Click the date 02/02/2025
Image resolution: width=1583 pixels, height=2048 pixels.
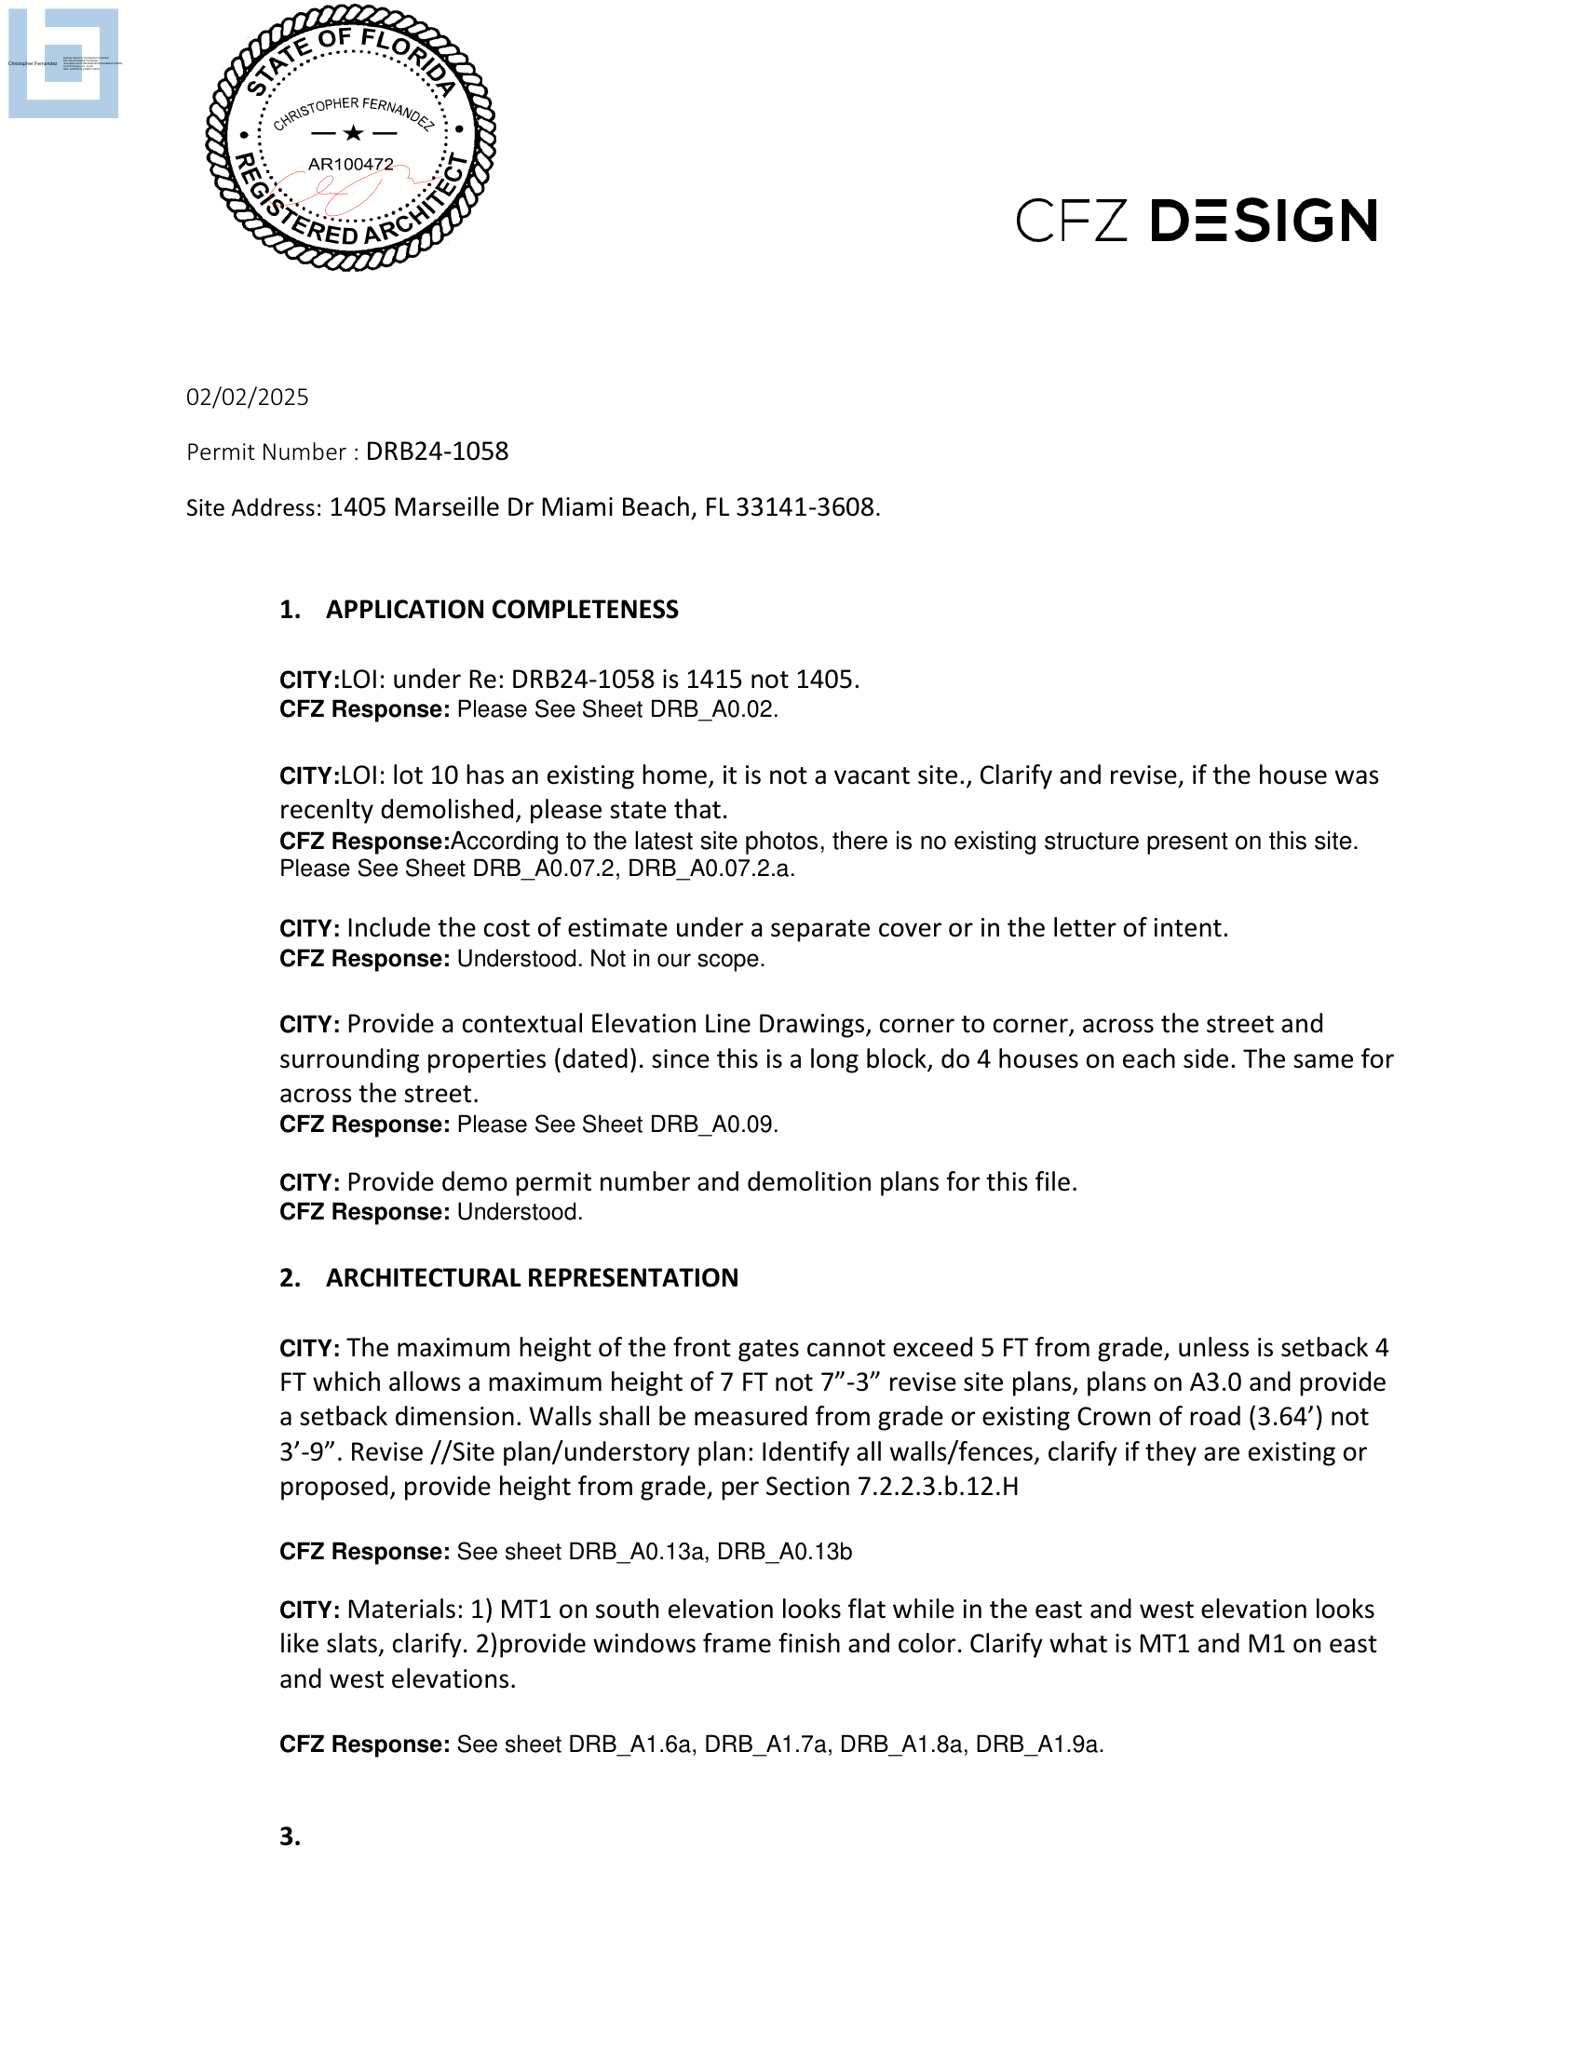point(247,397)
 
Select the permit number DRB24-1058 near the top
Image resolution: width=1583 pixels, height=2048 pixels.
point(437,452)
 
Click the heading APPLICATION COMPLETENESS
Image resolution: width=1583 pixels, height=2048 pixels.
point(502,610)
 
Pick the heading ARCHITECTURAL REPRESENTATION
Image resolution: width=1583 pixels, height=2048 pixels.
point(532,1278)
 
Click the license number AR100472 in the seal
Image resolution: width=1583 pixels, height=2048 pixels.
point(351,164)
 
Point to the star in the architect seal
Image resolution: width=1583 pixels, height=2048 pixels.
point(353,133)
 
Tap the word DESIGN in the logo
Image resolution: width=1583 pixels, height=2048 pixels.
point(1264,221)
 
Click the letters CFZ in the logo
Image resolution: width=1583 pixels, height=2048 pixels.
point(1071,222)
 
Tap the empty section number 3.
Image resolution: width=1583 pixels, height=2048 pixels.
point(290,1837)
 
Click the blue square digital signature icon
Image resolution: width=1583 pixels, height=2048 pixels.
point(62,62)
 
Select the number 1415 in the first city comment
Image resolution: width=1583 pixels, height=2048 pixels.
point(714,679)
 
